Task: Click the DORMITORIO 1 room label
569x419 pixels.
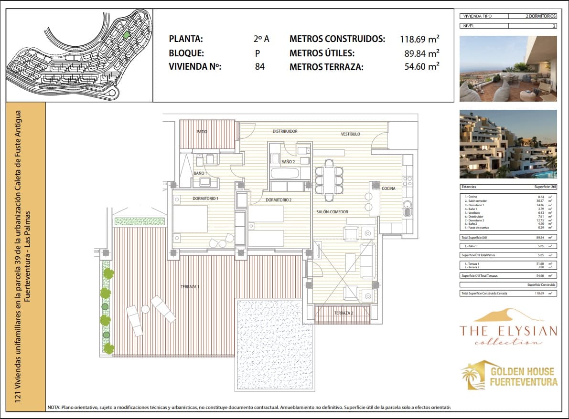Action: coord(205,198)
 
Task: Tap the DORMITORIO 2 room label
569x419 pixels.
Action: coord(279,200)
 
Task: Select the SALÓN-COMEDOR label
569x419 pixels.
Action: coord(332,211)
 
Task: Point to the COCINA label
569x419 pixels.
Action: coord(388,189)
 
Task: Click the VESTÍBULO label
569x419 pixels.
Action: coord(350,134)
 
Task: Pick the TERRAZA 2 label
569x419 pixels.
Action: coord(344,313)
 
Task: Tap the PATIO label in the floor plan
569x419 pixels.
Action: coord(202,132)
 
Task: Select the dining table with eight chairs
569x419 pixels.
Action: coord(329,177)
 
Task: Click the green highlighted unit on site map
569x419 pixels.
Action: coord(126,35)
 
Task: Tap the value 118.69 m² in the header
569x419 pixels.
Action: coord(419,39)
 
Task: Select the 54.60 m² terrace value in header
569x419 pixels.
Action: coord(421,67)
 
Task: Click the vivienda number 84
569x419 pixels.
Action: coord(259,67)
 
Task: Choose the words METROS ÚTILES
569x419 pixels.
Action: coord(322,53)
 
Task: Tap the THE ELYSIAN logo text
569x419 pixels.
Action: coord(508,331)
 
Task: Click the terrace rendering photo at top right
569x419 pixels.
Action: coord(508,69)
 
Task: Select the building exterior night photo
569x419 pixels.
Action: coord(508,144)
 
